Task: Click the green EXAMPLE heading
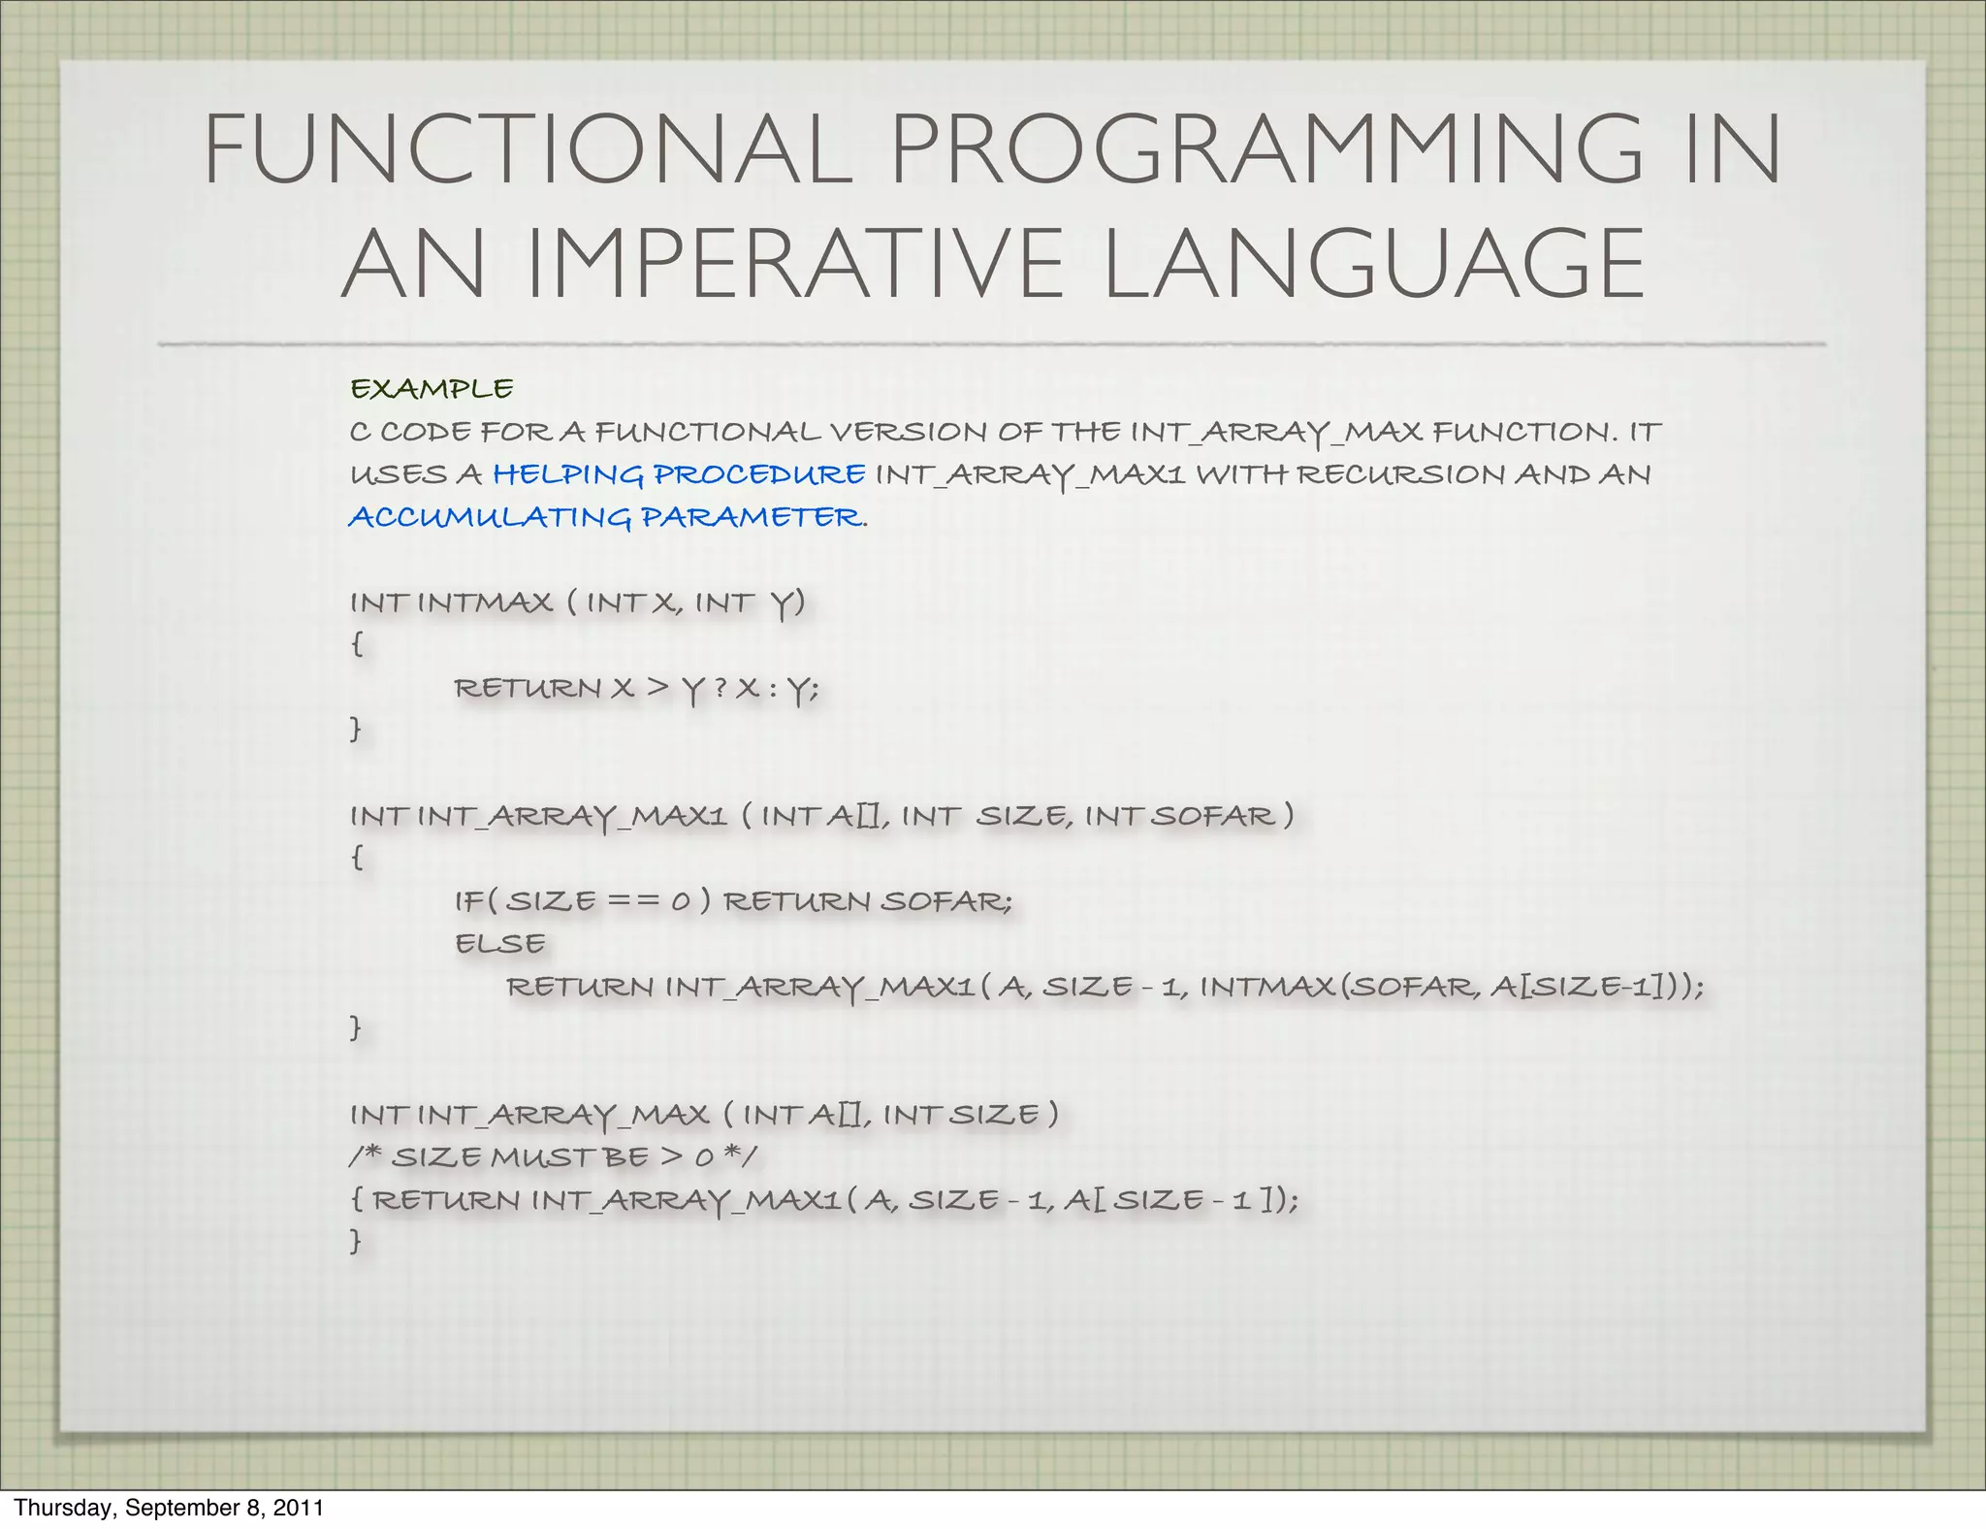click(432, 389)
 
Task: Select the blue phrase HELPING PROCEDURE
click(679, 474)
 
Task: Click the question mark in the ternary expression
click(720, 688)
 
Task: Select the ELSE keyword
click(500, 943)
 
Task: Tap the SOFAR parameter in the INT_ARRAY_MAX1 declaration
click(1213, 816)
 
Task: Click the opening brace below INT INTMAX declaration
click(357, 644)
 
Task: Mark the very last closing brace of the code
click(356, 1241)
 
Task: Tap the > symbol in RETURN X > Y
click(657, 688)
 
